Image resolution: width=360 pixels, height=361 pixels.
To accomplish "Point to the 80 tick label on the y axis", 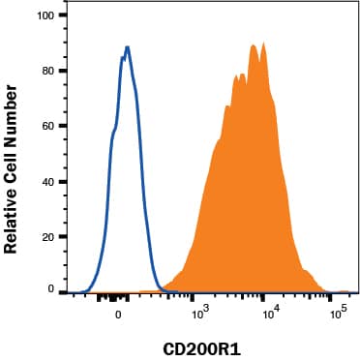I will click(x=46, y=71).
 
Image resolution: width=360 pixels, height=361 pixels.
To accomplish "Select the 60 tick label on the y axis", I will click(x=46, y=126).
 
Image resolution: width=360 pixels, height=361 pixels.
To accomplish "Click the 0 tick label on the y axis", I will click(x=49, y=288).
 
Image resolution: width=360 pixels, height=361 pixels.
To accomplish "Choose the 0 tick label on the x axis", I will click(x=118, y=314).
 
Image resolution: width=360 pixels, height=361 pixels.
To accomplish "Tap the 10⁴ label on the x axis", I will click(x=271, y=313).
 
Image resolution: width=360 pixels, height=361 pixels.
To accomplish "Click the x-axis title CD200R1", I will click(x=208, y=346).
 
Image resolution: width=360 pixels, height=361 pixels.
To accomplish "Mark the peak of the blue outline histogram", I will click(x=127, y=46).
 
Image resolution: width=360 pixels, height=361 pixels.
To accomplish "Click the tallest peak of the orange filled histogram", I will click(x=254, y=45).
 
